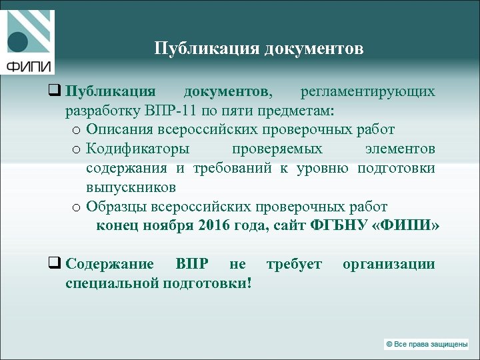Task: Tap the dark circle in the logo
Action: click(x=17, y=42)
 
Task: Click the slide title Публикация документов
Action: click(x=259, y=49)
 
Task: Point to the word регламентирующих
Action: click(x=367, y=91)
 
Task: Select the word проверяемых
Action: click(x=277, y=148)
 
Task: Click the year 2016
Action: click(x=214, y=225)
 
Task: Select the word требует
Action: click(x=294, y=264)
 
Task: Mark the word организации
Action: click(x=389, y=264)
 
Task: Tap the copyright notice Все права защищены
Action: click(x=427, y=344)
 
